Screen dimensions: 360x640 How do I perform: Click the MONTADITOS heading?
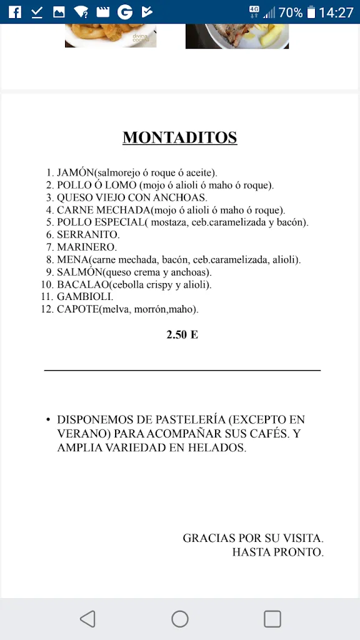click(x=180, y=137)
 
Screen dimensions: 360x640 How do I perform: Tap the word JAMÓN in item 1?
click(x=75, y=172)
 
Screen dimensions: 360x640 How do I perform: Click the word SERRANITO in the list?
click(x=87, y=235)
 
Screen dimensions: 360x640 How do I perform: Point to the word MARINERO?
click(x=86, y=247)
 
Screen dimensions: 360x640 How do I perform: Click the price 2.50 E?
click(x=182, y=335)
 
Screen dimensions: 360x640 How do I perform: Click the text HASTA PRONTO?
click(x=277, y=552)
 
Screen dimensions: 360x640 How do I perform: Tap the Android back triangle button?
click(x=87, y=619)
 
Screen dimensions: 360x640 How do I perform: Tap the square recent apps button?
click(x=272, y=619)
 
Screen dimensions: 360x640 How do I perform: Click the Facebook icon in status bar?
click(x=14, y=12)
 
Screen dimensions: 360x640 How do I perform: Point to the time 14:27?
click(x=336, y=12)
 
